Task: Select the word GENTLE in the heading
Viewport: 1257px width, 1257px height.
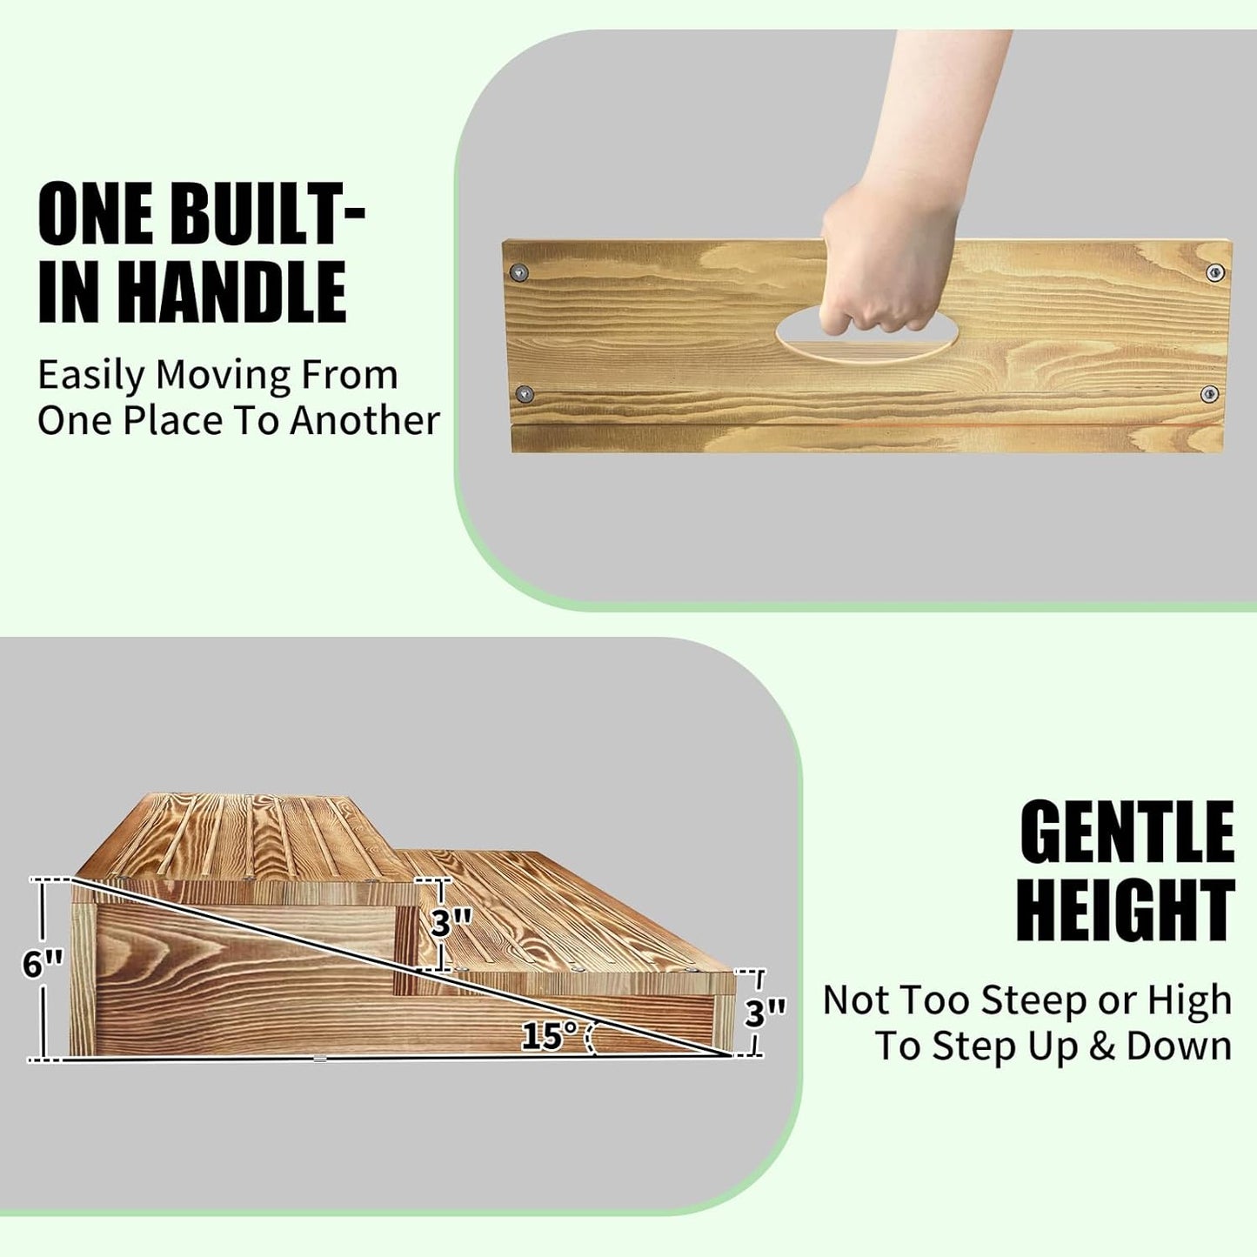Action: [x=1127, y=832]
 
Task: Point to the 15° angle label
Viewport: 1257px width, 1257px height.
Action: [x=549, y=1035]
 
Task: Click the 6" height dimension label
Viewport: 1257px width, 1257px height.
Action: [x=43, y=963]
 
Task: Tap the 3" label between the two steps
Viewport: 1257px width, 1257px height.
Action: [x=451, y=922]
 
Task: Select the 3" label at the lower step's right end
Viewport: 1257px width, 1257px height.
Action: [x=765, y=1013]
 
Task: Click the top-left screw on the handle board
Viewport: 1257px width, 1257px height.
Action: [x=520, y=272]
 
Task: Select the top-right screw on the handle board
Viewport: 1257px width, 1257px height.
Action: [x=1215, y=273]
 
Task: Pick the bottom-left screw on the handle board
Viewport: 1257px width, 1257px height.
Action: [x=524, y=394]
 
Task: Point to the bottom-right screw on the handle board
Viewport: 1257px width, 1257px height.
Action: [x=1209, y=394]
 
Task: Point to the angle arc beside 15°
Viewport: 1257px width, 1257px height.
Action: [x=592, y=1038]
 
